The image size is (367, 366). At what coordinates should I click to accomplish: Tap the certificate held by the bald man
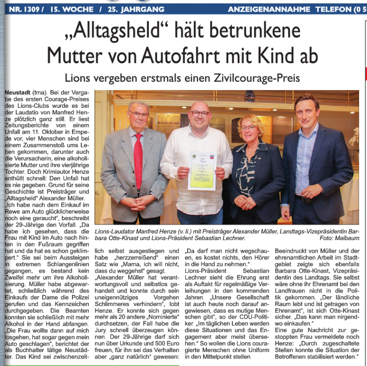(202, 170)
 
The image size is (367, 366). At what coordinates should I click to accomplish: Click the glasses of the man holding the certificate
(200, 113)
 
